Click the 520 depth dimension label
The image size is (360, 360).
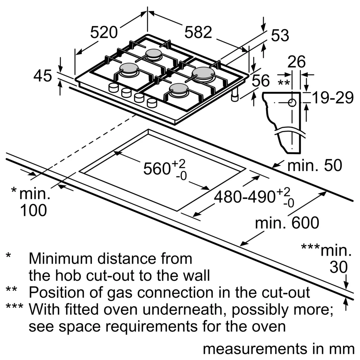tap(104, 33)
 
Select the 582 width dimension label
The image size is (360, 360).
tap(198, 33)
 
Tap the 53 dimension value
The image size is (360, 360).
tap(280, 36)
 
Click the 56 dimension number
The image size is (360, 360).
tap(261, 81)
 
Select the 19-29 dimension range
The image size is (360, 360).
tap(332, 98)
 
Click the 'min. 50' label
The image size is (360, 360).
tap(314, 166)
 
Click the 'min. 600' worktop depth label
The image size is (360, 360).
tap(287, 223)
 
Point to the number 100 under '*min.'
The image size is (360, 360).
tap(33, 211)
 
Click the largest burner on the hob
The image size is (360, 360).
tap(203, 73)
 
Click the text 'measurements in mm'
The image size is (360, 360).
tap(278, 349)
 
